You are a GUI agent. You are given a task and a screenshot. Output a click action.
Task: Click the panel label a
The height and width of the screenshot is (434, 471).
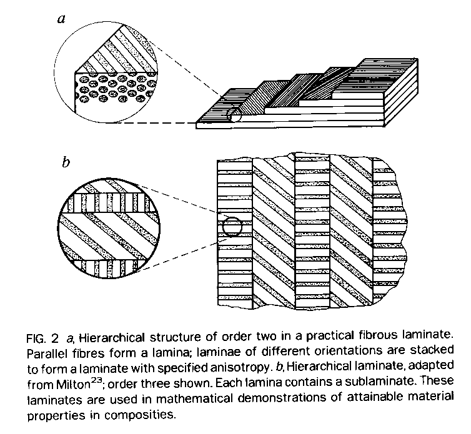coord(61,18)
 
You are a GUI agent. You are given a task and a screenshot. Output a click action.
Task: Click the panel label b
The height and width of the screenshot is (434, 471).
coord(65,164)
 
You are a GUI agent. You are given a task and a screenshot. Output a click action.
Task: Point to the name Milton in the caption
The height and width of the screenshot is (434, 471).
coord(75,380)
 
